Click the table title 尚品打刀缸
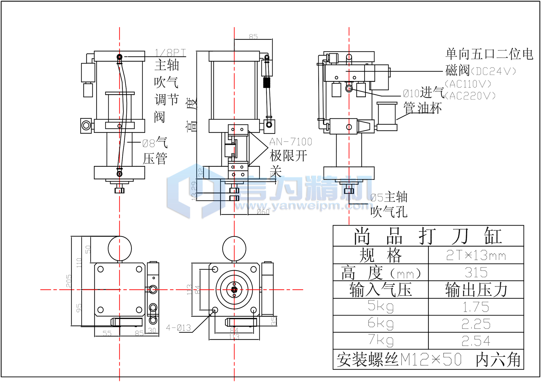[x=428, y=236]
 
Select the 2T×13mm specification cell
[x=476, y=255]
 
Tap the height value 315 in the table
[x=476, y=273]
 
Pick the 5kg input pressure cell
[x=381, y=307]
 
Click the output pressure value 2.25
[x=476, y=324]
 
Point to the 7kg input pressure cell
[x=381, y=340]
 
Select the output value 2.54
[x=476, y=341]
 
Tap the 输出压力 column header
[x=476, y=290]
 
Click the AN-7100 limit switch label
[x=291, y=142]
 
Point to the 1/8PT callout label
[x=170, y=53]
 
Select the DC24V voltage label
[x=494, y=71]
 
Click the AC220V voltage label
[x=470, y=96]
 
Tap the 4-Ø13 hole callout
[x=179, y=328]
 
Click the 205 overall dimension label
[x=69, y=281]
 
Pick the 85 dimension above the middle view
[x=253, y=37]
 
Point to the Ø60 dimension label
[x=263, y=212]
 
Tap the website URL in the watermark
[x=302, y=205]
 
